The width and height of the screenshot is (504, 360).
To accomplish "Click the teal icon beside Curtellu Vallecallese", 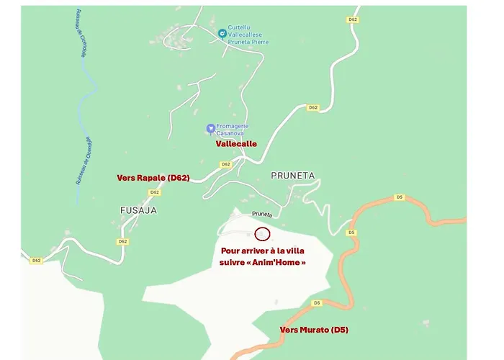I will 222,32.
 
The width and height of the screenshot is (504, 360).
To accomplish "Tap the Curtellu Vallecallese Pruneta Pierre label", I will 248,35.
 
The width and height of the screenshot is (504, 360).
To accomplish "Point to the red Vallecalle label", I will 236,143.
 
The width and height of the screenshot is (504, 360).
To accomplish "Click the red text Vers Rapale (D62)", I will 153,177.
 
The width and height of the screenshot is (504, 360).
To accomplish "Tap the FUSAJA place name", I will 138,210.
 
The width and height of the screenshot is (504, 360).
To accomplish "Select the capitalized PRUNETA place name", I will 293,175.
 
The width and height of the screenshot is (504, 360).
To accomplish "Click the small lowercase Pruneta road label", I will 262,215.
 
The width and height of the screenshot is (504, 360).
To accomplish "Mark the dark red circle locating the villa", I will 262,233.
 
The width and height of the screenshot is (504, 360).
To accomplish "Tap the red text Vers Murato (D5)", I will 313,329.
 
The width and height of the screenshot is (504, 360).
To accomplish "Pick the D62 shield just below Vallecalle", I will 225,164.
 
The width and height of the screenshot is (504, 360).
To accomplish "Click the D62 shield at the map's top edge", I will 352,19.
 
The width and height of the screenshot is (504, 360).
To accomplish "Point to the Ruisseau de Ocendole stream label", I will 81,160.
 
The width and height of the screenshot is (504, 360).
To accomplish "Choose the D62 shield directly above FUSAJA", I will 154,192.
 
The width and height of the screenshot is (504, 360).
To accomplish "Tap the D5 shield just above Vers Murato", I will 317,303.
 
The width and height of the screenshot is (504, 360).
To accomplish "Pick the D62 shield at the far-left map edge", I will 35,261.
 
